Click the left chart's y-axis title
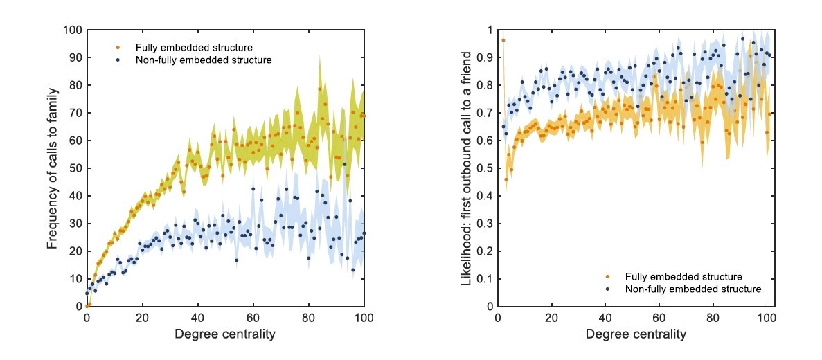pos(53,168)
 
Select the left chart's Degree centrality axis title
pos(225,334)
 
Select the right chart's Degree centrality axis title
pos(635,334)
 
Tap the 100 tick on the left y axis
pos(73,30)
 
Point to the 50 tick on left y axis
pos(75,168)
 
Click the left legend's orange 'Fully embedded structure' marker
pos(118,48)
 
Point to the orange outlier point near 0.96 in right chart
pos(503,40)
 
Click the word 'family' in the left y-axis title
pos(53,100)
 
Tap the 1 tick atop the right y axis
pos(490,30)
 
